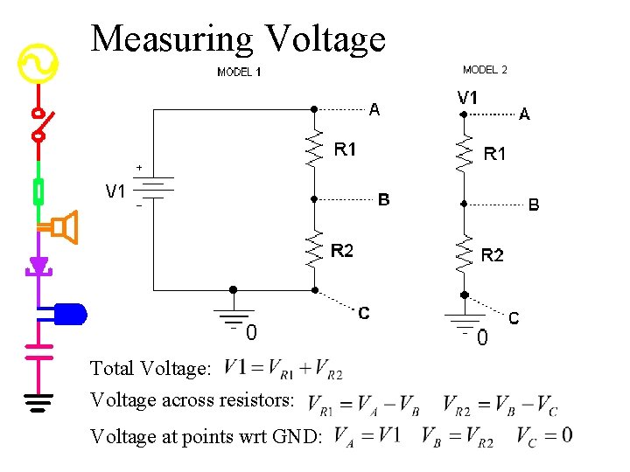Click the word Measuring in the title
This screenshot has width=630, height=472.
pyautogui.click(x=171, y=39)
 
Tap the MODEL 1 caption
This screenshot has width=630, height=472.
pyautogui.click(x=239, y=73)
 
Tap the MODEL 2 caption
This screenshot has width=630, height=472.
pyautogui.click(x=485, y=70)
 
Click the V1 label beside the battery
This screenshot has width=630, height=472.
pyautogui.click(x=115, y=191)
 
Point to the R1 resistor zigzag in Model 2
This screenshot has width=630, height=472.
pyautogui.click(x=465, y=153)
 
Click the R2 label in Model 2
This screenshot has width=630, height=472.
pyautogui.click(x=493, y=255)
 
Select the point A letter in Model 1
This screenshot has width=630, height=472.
pyautogui.click(x=374, y=110)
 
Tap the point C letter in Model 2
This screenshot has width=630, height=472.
pyautogui.click(x=514, y=318)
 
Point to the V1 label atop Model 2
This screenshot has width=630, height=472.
pyautogui.click(x=468, y=98)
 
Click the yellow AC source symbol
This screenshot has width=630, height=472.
pyautogui.click(x=38, y=63)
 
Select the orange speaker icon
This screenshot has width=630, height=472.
pyautogui.click(x=64, y=227)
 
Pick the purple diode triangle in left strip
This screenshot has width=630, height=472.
pyautogui.click(x=38, y=265)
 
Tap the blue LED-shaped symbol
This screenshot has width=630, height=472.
pyautogui.click(x=69, y=312)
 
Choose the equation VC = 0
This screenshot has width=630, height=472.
pyautogui.click(x=544, y=435)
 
